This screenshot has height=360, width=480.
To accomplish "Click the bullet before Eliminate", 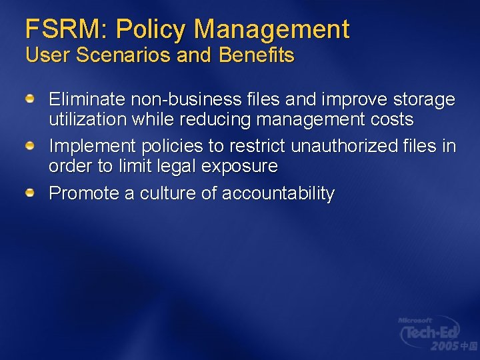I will (x=31, y=99).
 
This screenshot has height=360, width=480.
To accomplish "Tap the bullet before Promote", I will (x=31, y=193).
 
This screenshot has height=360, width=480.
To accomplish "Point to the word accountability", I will (x=278, y=193).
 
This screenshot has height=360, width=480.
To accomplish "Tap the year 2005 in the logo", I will (x=444, y=346).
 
